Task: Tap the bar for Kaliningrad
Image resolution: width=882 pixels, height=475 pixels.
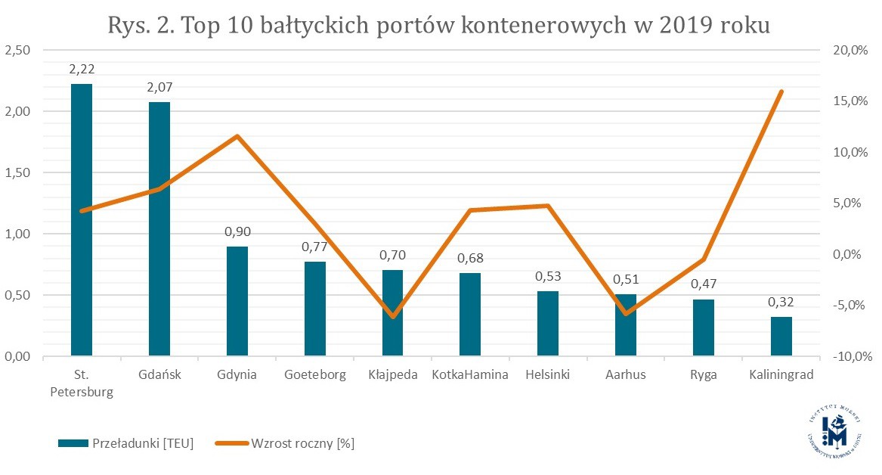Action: (781, 337)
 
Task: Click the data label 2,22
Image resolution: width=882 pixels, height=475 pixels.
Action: (82, 69)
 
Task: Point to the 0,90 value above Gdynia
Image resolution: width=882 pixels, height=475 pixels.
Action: (237, 231)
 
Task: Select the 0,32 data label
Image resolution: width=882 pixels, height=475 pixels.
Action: (781, 303)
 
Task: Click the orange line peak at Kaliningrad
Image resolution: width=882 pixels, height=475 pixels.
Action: (781, 92)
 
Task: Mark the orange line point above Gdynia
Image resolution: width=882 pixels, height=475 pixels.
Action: (237, 137)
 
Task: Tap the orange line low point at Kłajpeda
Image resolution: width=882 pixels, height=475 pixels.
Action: (393, 316)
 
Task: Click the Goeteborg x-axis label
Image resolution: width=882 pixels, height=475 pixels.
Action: (315, 375)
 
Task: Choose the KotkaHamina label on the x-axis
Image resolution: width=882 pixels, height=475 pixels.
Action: (470, 375)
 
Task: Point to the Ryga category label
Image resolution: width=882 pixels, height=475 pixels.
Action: (704, 375)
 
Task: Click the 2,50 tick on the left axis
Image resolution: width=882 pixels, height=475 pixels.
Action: (17, 51)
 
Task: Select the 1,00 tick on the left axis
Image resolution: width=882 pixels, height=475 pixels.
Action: (17, 234)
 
